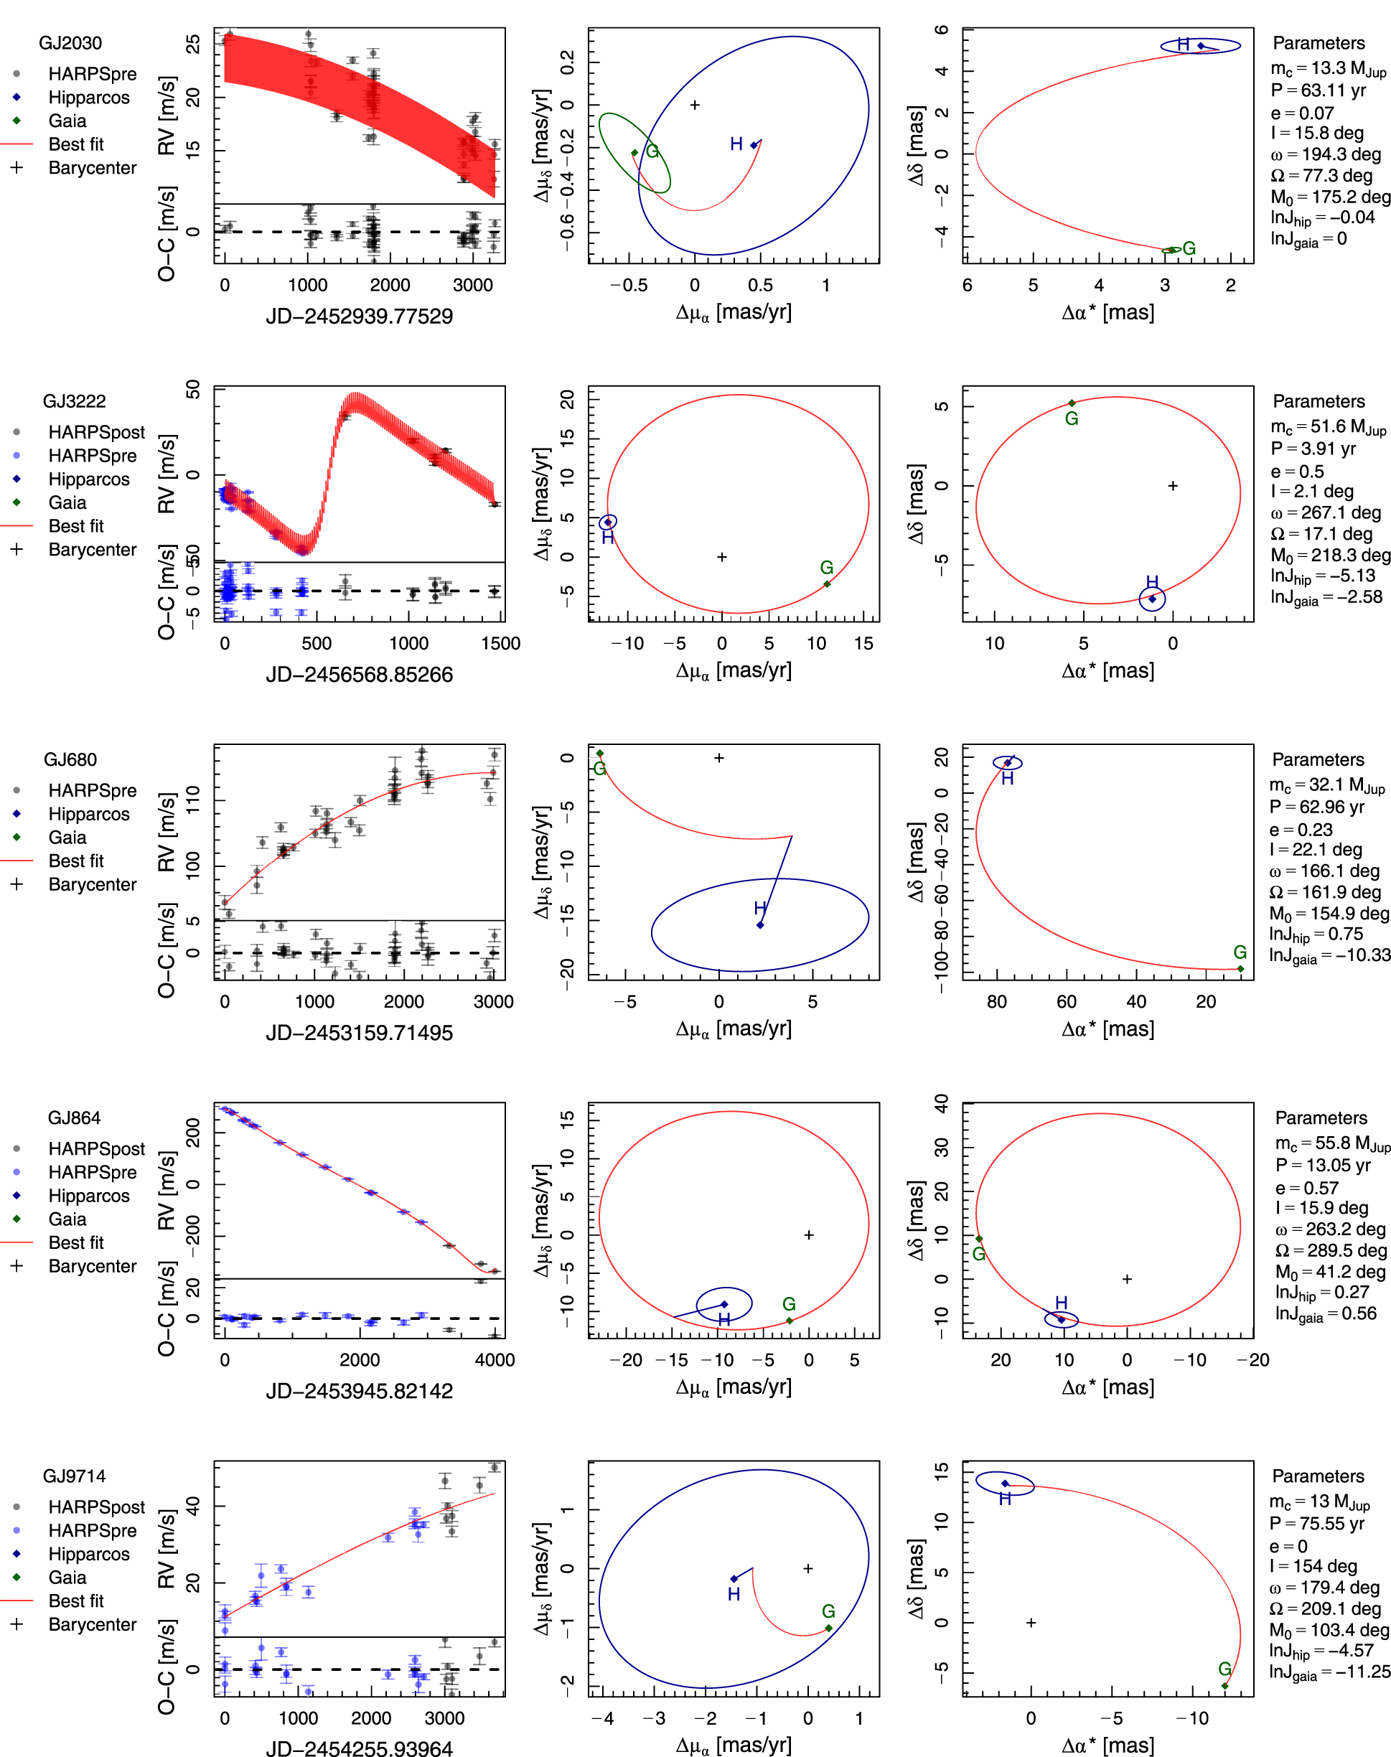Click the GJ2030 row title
click(71, 43)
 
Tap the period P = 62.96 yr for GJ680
click(1316, 807)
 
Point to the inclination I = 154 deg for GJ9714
click(1313, 1565)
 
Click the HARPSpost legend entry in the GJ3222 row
click(96, 432)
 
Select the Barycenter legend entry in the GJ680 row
click(92, 884)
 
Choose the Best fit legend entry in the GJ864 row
click(76, 1242)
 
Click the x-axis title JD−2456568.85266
click(359, 674)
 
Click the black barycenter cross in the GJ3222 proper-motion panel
click(721, 557)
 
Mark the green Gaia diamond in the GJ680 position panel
click(1240, 969)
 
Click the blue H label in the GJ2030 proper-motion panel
click(736, 144)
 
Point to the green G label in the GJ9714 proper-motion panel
click(828, 1611)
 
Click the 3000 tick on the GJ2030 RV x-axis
click(472, 285)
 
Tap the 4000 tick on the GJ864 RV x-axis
click(495, 1359)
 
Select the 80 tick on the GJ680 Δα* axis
click(997, 1001)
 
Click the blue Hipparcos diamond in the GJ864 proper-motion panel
click(724, 1304)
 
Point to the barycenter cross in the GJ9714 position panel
click(1030, 1623)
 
